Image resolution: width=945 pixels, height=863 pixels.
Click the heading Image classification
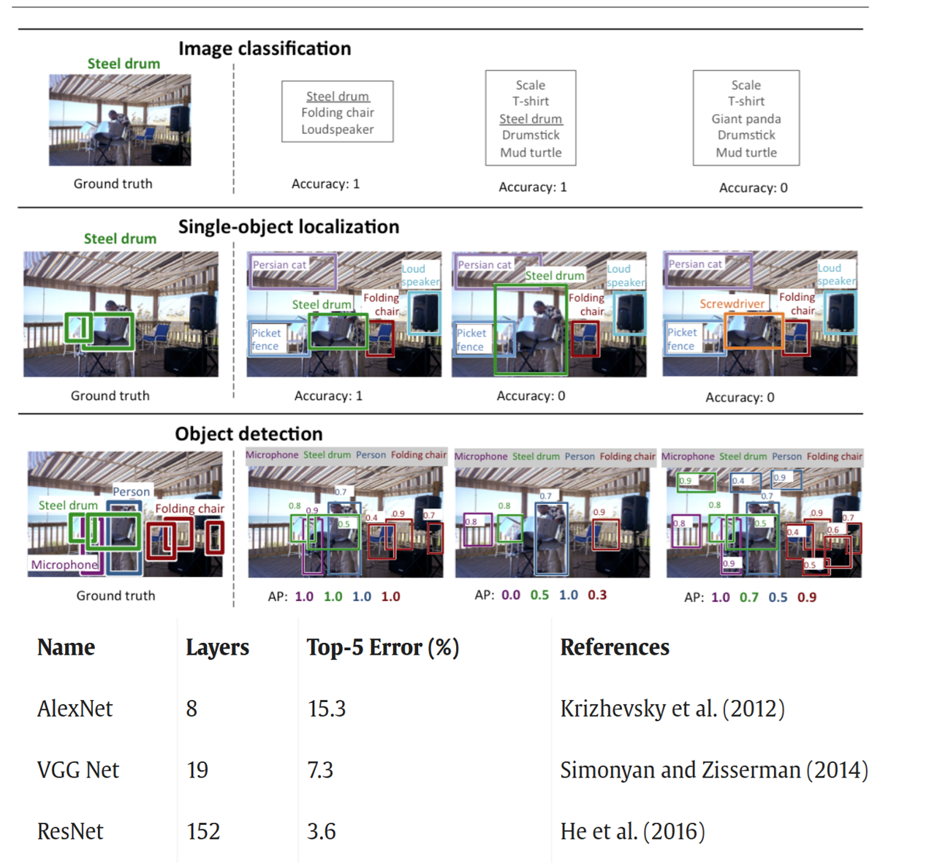point(265,49)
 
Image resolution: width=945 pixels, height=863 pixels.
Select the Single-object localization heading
point(289,227)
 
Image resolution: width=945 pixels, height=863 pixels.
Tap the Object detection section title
point(248,434)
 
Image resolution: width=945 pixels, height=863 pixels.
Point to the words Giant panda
point(746,118)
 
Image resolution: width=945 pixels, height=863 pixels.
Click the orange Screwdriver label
point(732,304)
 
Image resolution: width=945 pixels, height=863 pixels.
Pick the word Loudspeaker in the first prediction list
point(338,129)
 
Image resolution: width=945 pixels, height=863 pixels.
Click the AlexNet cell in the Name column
point(75,709)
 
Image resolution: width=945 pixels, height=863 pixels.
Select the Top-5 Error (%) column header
point(382,647)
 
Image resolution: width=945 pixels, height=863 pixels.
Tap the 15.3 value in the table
point(327,709)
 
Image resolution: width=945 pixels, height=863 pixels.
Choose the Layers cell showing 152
point(203,832)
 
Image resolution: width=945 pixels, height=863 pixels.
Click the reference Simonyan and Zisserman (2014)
point(714,770)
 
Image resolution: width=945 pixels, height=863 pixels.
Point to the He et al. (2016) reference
point(632,832)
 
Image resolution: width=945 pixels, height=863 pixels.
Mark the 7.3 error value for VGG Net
point(320,770)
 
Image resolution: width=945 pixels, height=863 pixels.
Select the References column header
point(615,647)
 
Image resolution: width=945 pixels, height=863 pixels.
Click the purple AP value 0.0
point(511,595)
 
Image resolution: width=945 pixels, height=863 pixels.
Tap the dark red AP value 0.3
point(597,595)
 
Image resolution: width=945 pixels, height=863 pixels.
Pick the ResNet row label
point(70,832)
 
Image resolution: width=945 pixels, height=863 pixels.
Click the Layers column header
point(217,647)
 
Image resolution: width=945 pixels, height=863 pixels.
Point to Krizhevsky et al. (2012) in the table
point(672,709)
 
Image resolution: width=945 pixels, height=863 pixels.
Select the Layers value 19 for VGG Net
point(197,770)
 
